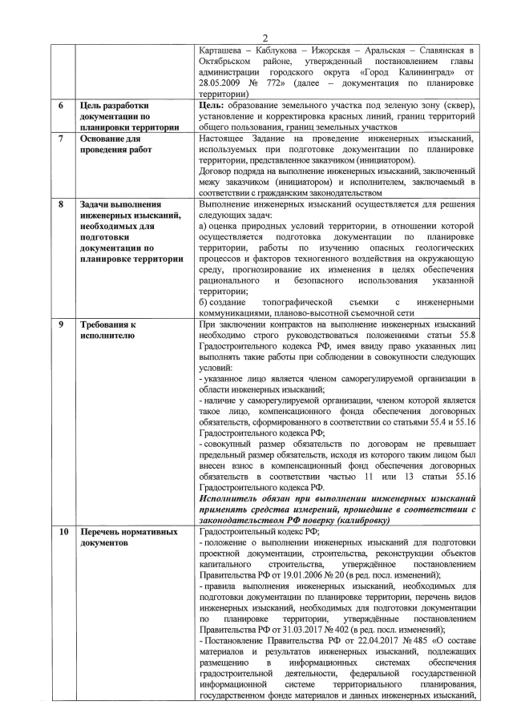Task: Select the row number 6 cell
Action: pos(63,105)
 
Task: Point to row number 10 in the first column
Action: pos(63,531)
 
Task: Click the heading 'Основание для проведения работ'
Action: pos(115,144)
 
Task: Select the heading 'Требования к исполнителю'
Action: pos(111,330)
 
